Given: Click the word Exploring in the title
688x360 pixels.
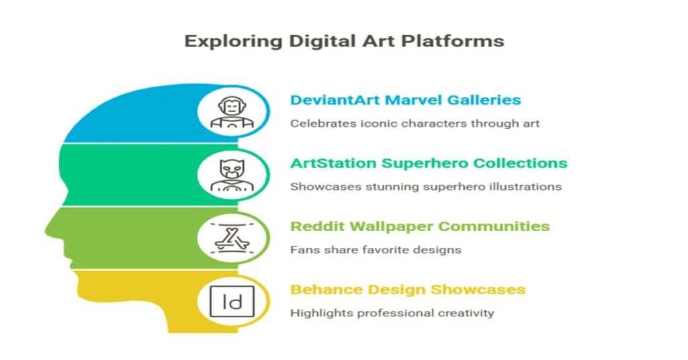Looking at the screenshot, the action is pyautogui.click(x=234, y=41).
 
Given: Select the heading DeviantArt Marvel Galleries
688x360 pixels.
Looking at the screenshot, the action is pyautogui.click(x=405, y=100).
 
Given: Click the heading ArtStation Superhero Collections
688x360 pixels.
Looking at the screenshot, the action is pyautogui.click(x=429, y=163).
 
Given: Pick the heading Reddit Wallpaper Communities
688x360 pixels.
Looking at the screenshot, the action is pyautogui.click(x=420, y=226).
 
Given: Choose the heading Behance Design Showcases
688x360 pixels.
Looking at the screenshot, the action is pyautogui.click(x=408, y=289).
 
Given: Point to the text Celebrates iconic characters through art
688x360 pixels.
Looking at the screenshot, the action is pyautogui.click(x=415, y=123).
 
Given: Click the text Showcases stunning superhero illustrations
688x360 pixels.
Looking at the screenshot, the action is pyautogui.click(x=425, y=186).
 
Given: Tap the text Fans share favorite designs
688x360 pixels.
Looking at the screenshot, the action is pyautogui.click(x=376, y=250).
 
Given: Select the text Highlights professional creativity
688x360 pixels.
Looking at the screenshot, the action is pyautogui.click(x=392, y=313).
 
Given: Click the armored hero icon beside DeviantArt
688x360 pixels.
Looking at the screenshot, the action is pyautogui.click(x=232, y=112).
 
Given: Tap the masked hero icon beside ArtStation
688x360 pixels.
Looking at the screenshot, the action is pyautogui.click(x=232, y=175).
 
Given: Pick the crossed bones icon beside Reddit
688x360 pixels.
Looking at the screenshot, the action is pyautogui.click(x=232, y=239).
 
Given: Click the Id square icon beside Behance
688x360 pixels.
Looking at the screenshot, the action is pyautogui.click(x=232, y=302).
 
